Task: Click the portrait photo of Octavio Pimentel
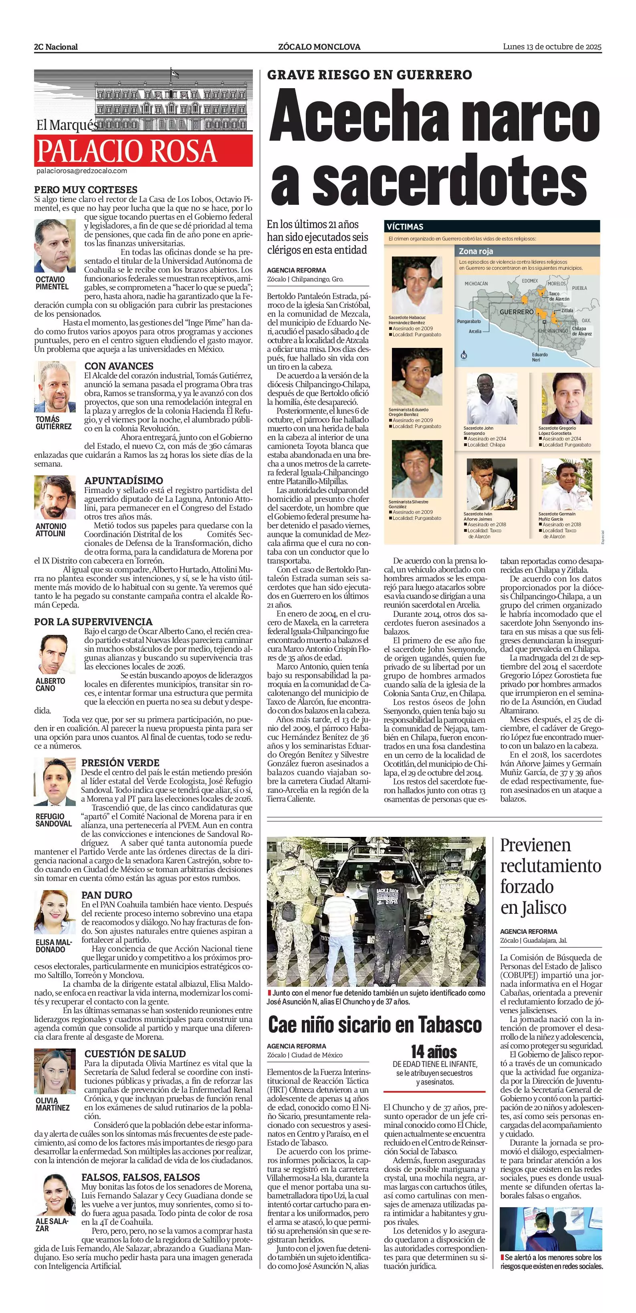point(55,246)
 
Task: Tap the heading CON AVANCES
point(119,366)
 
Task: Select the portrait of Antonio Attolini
point(55,497)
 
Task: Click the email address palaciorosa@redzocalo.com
point(81,171)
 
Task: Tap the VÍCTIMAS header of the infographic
point(405,227)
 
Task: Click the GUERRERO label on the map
point(516,311)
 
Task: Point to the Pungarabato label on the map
point(469,321)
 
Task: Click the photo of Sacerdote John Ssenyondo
point(485,398)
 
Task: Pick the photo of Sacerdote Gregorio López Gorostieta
point(566,398)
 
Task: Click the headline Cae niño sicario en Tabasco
point(375,1025)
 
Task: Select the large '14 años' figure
point(434,1052)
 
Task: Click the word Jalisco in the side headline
point(548,907)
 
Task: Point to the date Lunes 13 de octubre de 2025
point(552,46)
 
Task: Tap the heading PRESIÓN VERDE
point(120,763)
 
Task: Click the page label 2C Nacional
point(56,47)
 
